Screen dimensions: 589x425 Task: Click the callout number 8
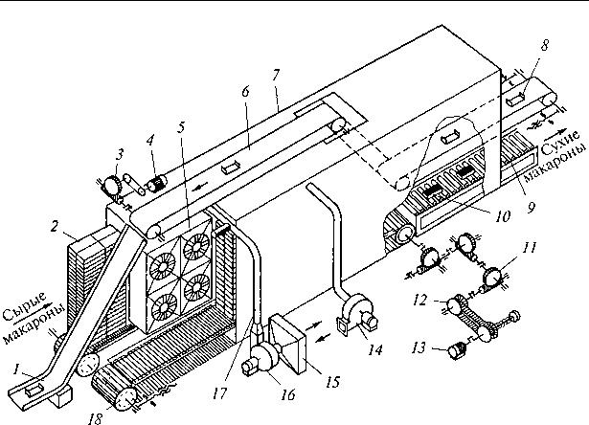(544, 45)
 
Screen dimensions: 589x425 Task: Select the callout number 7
(276, 75)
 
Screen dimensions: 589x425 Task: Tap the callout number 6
(246, 91)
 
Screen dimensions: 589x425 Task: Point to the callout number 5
(181, 127)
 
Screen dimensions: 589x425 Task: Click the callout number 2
(55, 227)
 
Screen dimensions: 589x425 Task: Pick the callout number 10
(503, 216)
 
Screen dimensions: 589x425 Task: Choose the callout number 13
(419, 347)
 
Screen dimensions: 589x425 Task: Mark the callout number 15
(333, 382)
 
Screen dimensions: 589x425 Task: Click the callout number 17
(219, 393)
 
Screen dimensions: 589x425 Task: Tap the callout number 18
(96, 418)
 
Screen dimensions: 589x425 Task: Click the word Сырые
(25, 306)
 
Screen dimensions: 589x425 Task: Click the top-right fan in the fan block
(196, 247)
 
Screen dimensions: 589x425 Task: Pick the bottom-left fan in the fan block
(163, 308)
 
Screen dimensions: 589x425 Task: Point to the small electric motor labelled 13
(455, 352)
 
